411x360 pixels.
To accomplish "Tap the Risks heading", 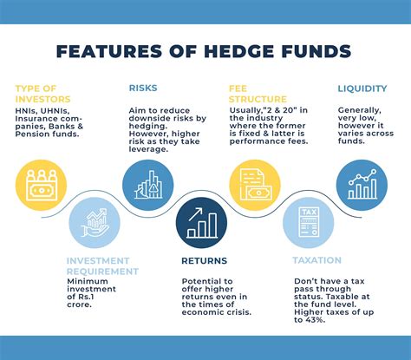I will (x=142, y=88).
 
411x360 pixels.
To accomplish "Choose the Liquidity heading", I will (x=362, y=88).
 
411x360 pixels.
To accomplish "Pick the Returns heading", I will (x=205, y=259).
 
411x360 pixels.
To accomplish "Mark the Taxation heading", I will (x=317, y=259).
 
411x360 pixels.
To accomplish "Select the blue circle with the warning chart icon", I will (x=147, y=185).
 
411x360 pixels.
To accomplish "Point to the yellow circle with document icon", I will (x=254, y=185).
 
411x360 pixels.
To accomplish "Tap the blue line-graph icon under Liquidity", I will (x=362, y=185).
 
